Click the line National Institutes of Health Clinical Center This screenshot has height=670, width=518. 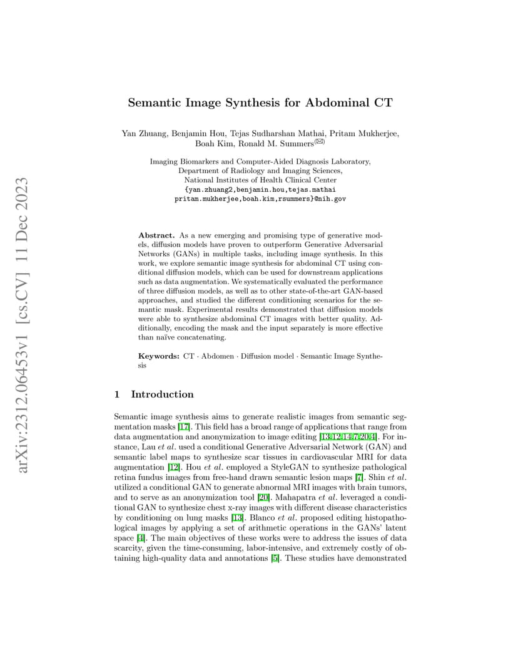point(260,180)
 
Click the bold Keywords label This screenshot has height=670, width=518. point(159,356)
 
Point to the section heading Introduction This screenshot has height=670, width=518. point(162,394)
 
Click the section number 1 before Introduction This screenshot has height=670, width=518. point(117,394)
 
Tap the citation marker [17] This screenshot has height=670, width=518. point(184,427)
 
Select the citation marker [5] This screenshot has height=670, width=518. point(275,558)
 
